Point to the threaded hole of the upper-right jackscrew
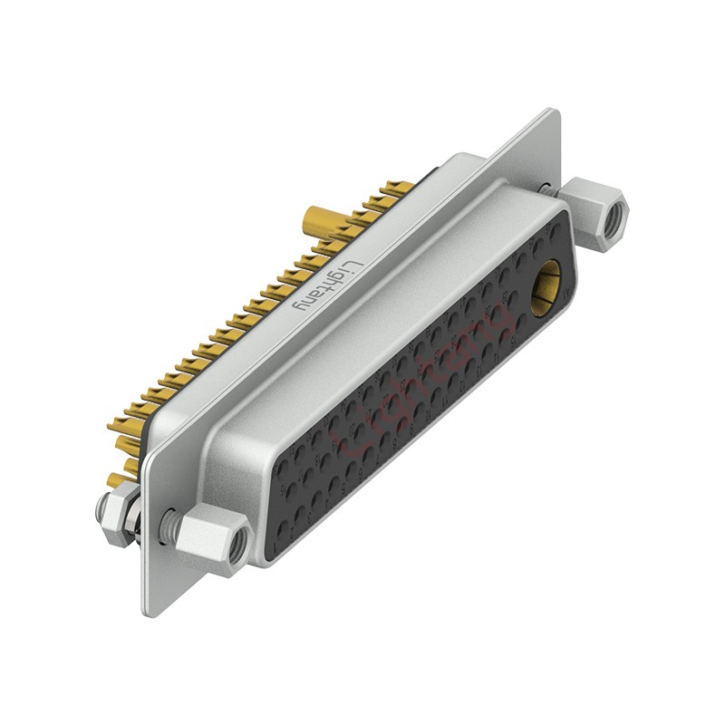coord(616,217)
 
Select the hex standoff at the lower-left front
coord(210,540)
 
